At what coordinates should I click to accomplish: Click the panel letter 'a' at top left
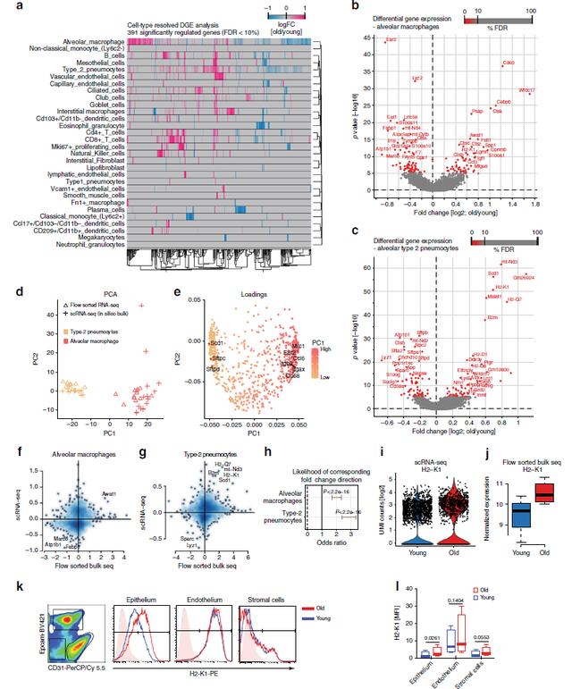[x=6, y=6]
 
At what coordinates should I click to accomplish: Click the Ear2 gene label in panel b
[x=390, y=41]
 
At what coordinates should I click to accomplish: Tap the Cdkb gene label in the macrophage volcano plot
[x=509, y=63]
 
